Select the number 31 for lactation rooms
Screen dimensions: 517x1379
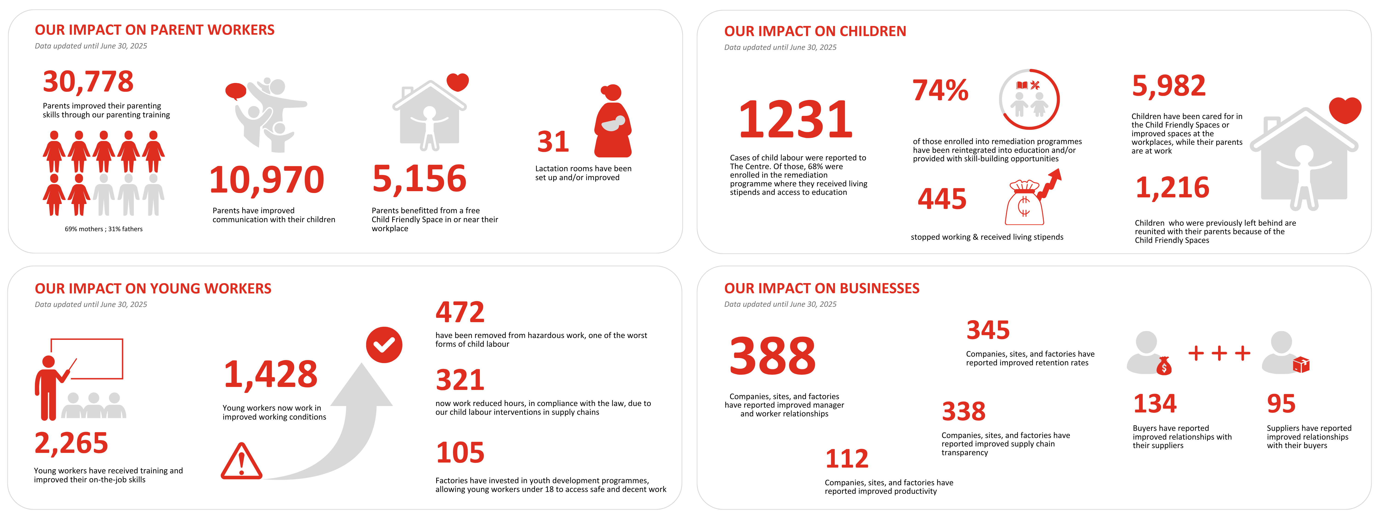click(553, 142)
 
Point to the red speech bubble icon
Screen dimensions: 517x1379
click(236, 91)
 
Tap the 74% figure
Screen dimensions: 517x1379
click(940, 91)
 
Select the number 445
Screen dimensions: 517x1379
click(942, 199)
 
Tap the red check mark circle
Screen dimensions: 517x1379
click(384, 345)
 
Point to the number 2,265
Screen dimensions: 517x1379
click(71, 443)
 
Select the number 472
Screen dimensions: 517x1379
click(460, 312)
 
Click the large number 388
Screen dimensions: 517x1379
click(772, 356)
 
